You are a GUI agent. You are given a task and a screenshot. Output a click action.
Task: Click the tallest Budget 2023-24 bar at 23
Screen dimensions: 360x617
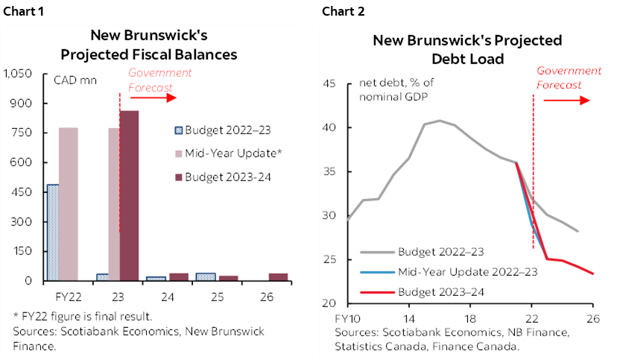[x=129, y=195]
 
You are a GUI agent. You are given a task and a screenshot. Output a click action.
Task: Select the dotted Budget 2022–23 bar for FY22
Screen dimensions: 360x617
[x=52, y=233]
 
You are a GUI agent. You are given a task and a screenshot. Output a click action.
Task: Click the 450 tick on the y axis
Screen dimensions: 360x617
[x=22, y=192]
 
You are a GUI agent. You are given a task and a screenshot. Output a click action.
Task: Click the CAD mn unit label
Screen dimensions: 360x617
[x=74, y=80]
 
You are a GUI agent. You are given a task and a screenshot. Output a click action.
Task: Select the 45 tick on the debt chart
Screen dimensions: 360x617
[x=333, y=83]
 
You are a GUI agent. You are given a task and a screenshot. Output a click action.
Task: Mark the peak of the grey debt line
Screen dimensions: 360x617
[x=439, y=120]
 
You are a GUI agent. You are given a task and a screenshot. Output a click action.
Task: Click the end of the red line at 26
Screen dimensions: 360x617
[x=593, y=274]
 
